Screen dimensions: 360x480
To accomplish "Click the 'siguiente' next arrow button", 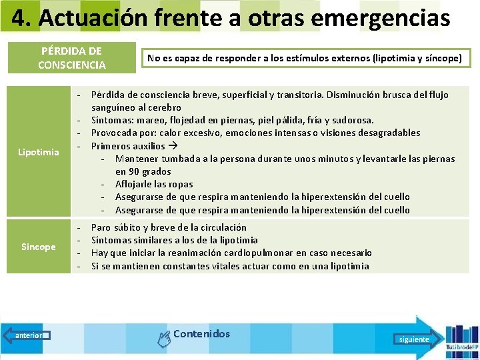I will coord(414,339).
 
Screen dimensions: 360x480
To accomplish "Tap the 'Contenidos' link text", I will coord(201,334).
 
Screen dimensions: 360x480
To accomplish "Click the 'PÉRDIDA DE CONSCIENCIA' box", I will coord(71,58).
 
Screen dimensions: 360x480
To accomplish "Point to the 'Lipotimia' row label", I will coord(39,152).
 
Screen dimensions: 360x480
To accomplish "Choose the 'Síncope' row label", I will coord(39,247).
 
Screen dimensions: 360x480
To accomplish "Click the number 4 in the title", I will coord(21,18).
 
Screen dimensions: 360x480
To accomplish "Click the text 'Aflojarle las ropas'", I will coord(154,184).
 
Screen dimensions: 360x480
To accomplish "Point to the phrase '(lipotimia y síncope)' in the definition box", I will coord(417,58).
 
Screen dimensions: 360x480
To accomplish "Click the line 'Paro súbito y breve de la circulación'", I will coord(169,227).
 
